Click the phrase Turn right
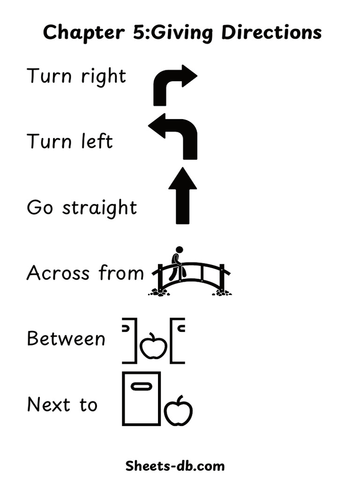click(76, 76)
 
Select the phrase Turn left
click(70, 141)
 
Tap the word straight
click(99, 208)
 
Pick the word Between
click(66, 338)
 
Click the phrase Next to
click(62, 405)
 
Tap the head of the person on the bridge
click(179, 250)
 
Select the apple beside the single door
click(178, 411)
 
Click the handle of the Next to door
click(141, 386)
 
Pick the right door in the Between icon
click(176, 341)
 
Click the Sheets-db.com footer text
click(175, 466)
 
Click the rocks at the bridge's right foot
click(221, 293)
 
